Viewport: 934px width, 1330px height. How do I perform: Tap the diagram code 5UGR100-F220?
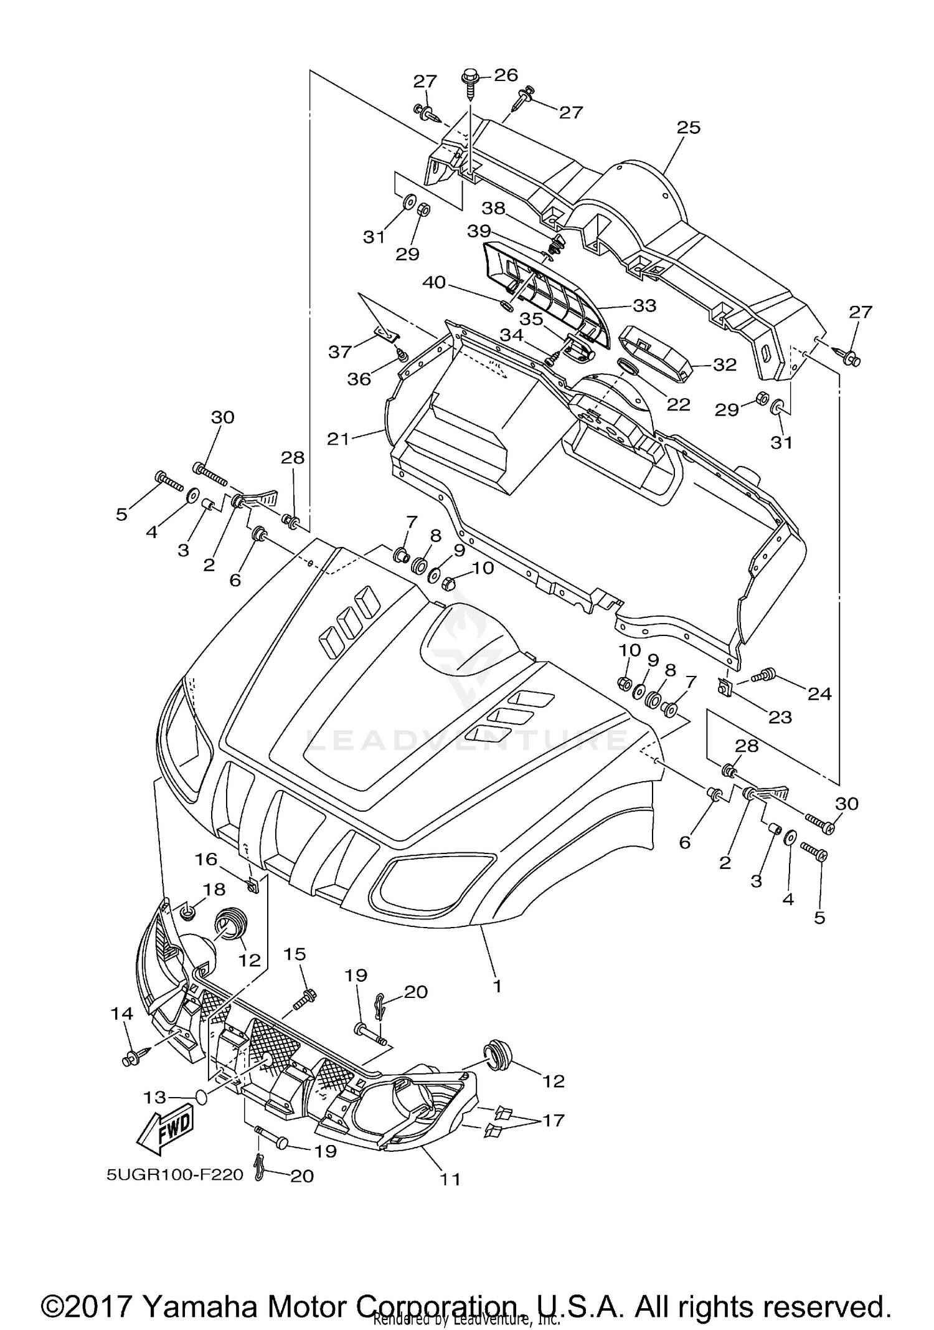click(174, 1175)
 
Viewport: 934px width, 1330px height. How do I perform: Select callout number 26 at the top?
click(506, 75)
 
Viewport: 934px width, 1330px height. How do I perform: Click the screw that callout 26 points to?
click(469, 87)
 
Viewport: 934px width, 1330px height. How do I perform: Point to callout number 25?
click(689, 128)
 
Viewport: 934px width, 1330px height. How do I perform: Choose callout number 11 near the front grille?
click(450, 1179)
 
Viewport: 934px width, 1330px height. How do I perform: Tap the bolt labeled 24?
click(763, 675)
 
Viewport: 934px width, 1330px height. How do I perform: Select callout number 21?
click(339, 439)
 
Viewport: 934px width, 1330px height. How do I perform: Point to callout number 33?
click(645, 306)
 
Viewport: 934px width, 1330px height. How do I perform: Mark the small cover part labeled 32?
click(656, 351)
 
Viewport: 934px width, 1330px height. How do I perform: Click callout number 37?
click(340, 352)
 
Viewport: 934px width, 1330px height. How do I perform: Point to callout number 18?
click(214, 890)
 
